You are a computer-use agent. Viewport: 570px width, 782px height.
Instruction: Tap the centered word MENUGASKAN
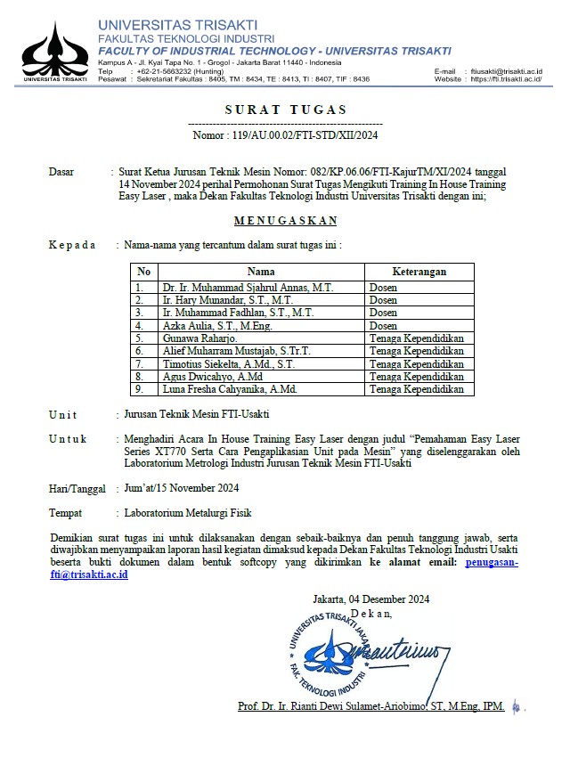[285, 220]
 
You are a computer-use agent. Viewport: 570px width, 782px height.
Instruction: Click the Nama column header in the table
[261, 272]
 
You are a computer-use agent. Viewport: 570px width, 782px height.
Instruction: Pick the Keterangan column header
[419, 272]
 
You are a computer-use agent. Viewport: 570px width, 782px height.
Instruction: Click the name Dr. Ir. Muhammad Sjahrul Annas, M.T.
[248, 288]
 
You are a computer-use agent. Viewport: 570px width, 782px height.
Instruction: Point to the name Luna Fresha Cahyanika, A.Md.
[230, 389]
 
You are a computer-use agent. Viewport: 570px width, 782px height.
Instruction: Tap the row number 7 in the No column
[140, 364]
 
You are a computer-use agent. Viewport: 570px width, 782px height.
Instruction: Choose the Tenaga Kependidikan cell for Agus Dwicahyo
[417, 377]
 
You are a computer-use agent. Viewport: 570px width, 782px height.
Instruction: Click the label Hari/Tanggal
[77, 488]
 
